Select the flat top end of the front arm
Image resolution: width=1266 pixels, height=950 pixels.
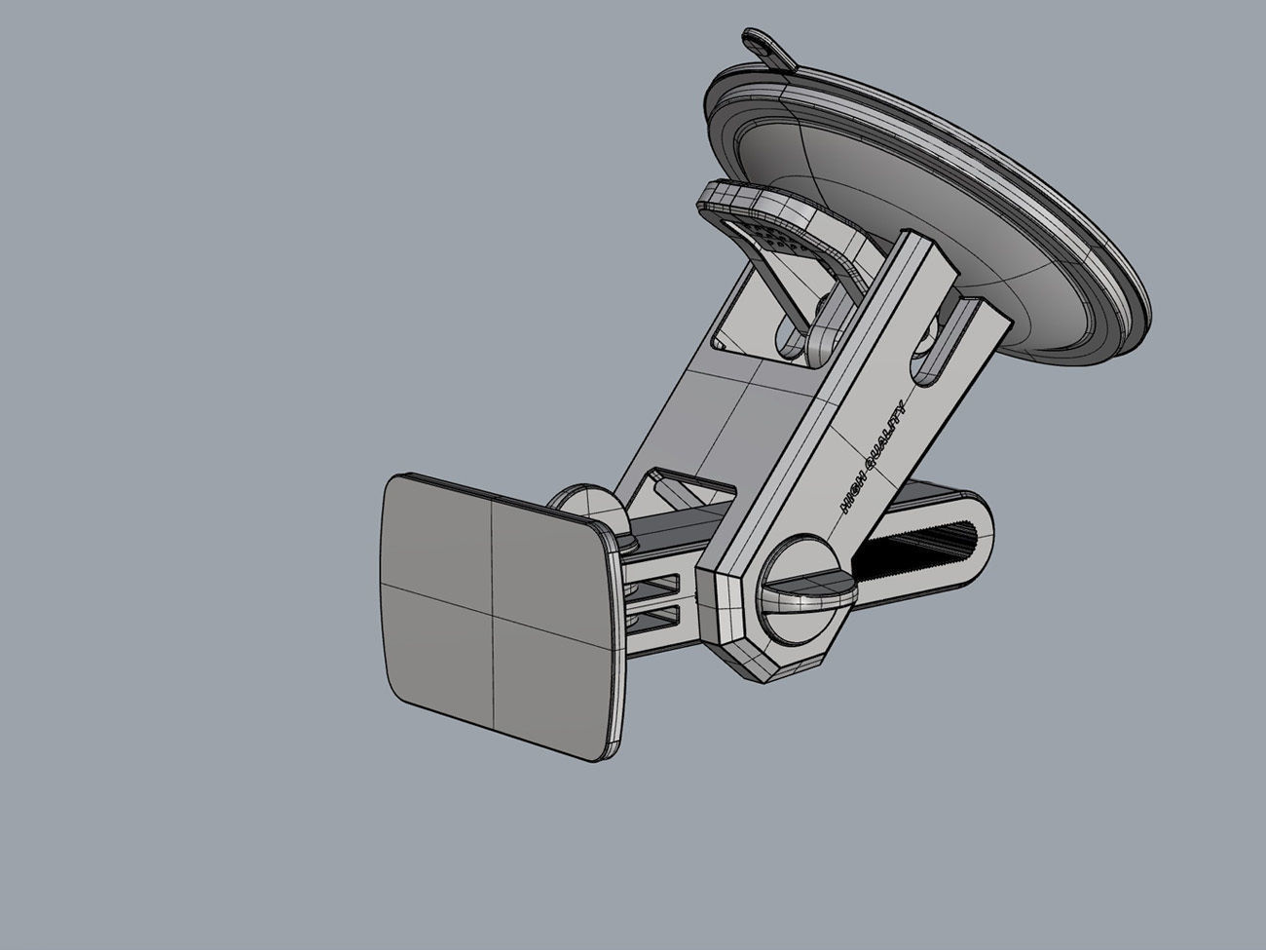920,243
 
